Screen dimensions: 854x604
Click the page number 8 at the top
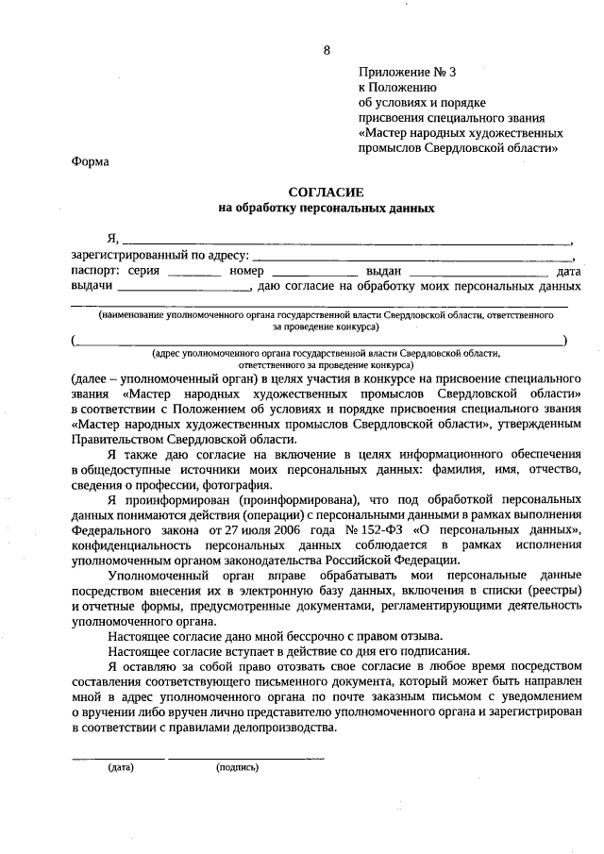tap(327, 50)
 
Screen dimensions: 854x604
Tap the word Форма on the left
tap(90, 161)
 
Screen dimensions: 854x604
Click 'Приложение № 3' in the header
tap(407, 72)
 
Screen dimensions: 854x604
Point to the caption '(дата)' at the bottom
tap(120, 767)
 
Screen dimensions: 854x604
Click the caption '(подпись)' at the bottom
tap(237, 767)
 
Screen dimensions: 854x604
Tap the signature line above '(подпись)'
tap(246, 758)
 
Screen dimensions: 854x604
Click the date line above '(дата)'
tap(118, 758)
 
